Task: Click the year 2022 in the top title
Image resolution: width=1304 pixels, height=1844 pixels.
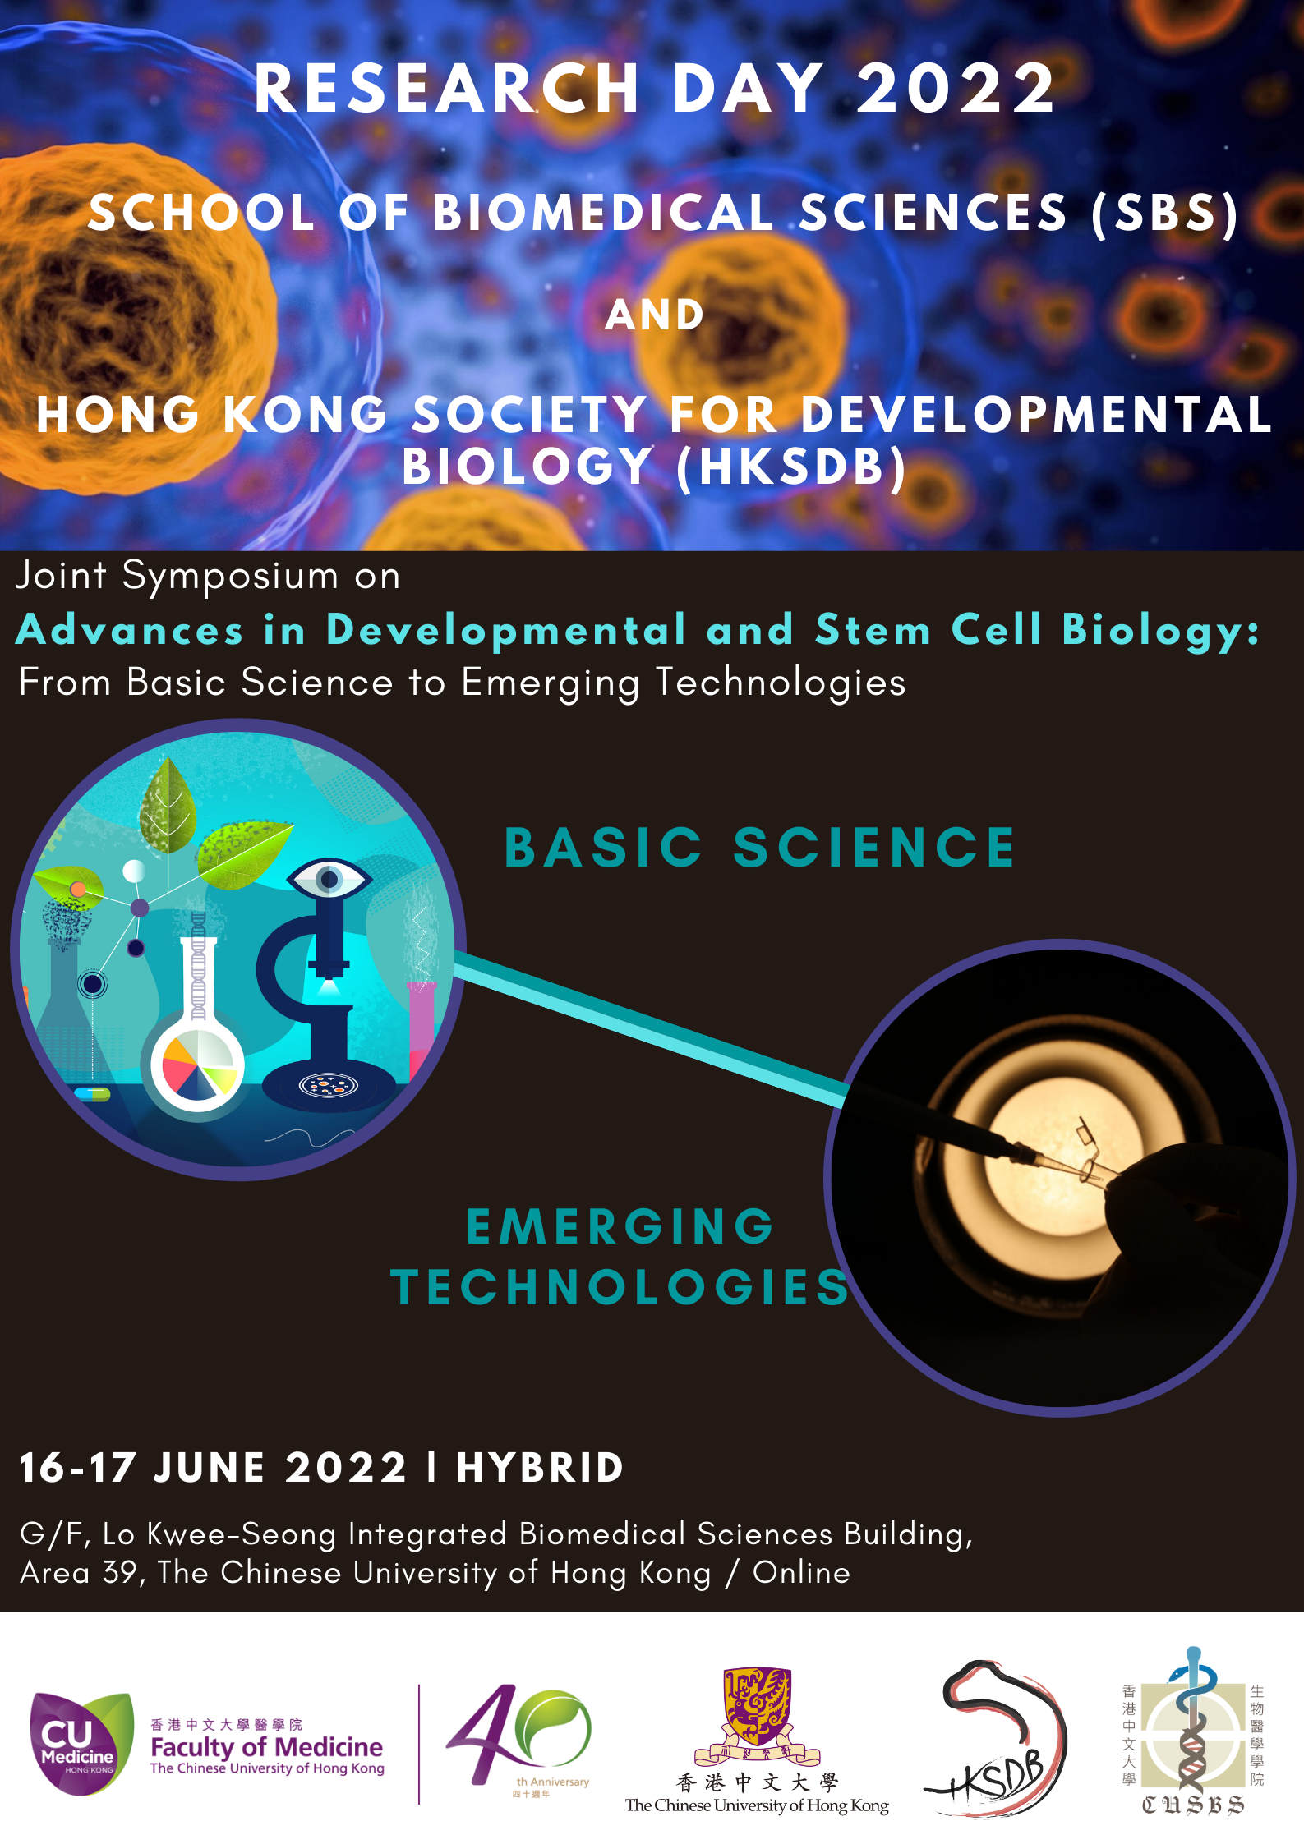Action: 956,89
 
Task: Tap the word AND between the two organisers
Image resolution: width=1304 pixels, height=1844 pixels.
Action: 655,315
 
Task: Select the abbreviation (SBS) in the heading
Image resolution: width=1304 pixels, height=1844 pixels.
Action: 1165,214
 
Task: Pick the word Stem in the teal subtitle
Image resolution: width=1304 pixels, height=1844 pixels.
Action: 873,631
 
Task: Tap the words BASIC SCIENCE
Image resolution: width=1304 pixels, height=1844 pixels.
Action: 760,848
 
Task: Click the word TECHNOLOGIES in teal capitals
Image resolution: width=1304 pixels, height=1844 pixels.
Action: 620,1287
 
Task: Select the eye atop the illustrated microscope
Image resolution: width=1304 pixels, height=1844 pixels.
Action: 329,879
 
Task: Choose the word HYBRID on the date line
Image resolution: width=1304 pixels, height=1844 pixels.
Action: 541,1468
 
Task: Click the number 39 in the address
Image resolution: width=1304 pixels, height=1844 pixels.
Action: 120,1572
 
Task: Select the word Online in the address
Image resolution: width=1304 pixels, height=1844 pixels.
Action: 801,1572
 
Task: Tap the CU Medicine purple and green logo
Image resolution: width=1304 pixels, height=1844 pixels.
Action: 81,1743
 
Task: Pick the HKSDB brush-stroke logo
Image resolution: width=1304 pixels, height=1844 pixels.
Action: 996,1738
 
